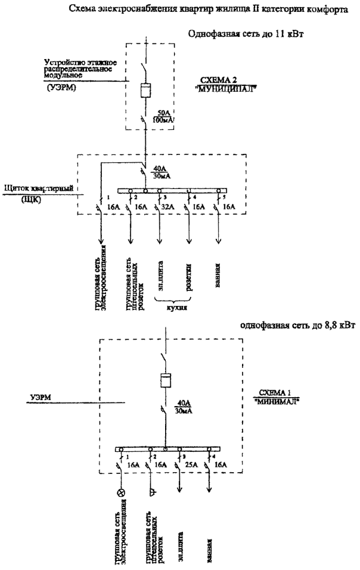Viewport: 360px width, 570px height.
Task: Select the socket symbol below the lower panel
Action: [x=151, y=492]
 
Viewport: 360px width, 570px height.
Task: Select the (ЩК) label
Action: [x=30, y=200]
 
